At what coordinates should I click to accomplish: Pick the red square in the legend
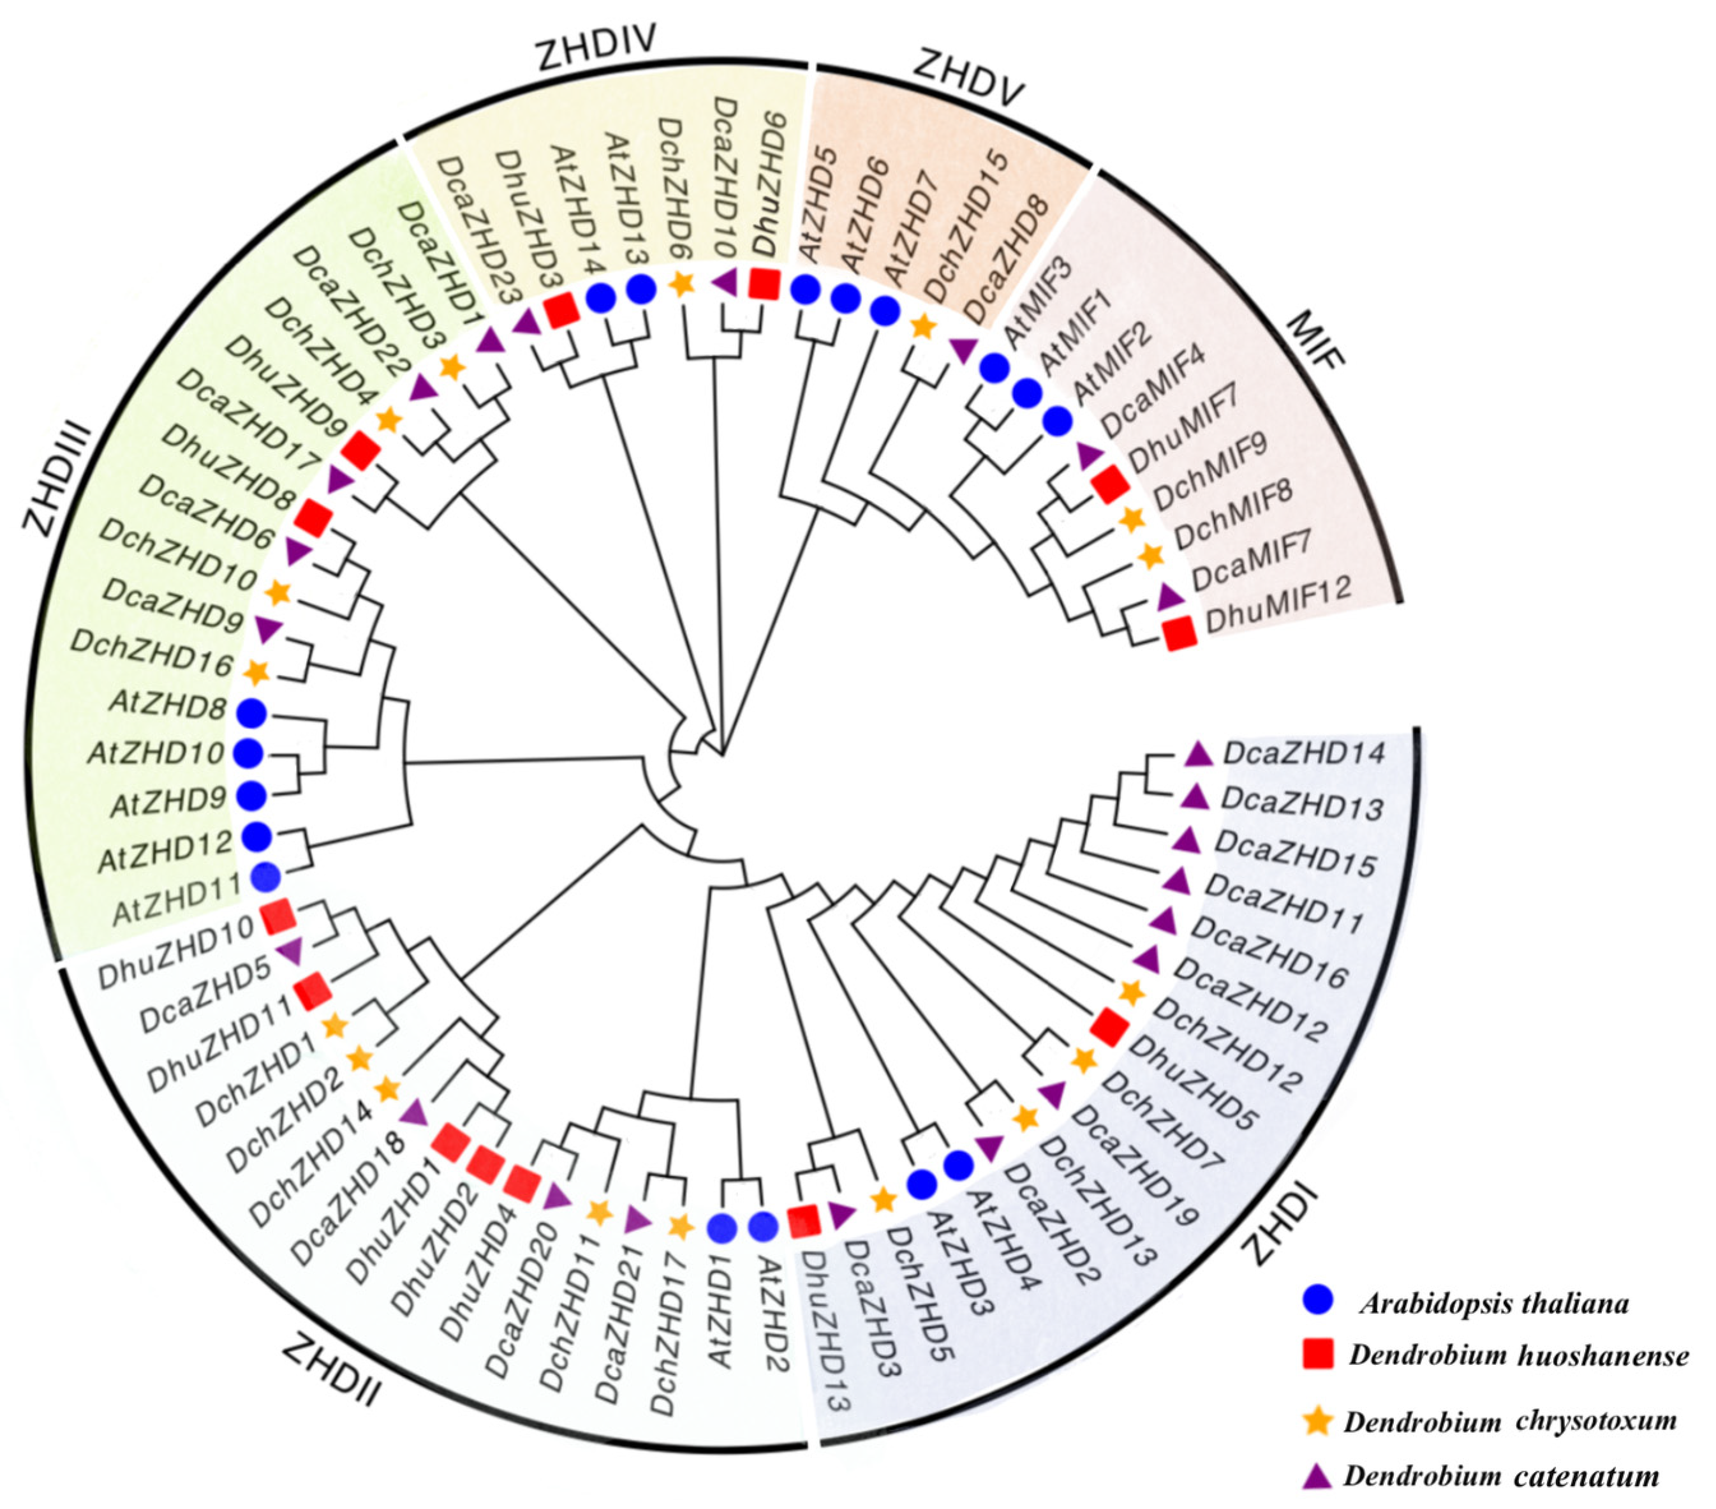point(1317,1354)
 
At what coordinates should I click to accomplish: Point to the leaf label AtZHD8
point(168,706)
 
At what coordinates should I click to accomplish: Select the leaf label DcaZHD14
point(1304,752)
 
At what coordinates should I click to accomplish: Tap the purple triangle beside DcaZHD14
point(1199,755)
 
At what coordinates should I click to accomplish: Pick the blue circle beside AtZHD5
point(805,289)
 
